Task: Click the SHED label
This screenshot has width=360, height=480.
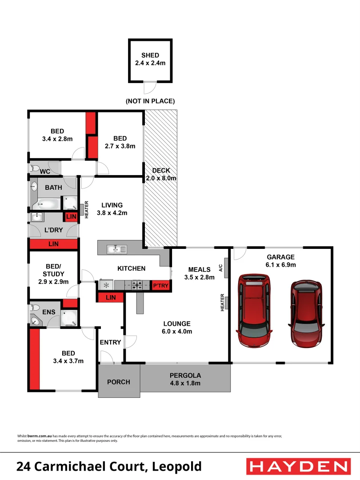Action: click(150, 56)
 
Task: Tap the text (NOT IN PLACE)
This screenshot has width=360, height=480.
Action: click(150, 101)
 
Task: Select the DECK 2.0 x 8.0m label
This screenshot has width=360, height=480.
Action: click(161, 174)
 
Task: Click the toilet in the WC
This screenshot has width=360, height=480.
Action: click(34, 169)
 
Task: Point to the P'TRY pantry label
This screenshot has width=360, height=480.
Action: click(161, 286)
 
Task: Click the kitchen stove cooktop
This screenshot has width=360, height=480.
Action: click(136, 285)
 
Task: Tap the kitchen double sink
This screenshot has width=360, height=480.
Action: click(116, 250)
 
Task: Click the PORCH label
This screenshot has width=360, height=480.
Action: click(119, 382)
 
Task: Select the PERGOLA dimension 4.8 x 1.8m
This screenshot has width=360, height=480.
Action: click(185, 384)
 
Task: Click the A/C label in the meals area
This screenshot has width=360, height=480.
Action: click(220, 268)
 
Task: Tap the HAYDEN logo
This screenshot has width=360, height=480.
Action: click(298, 466)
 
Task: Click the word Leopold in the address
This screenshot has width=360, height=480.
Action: click(177, 467)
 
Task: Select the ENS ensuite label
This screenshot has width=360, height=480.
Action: click(49, 312)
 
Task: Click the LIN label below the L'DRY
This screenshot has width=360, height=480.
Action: click(53, 244)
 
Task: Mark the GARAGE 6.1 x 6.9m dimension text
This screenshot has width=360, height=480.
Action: click(281, 265)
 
